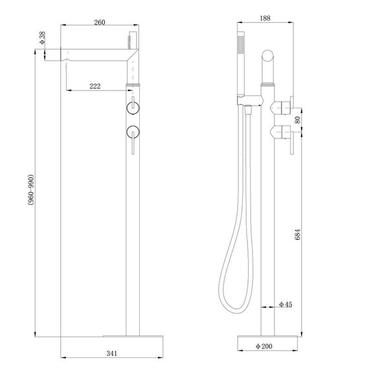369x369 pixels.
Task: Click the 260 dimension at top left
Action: point(99,23)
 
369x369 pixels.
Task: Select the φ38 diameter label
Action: point(42,39)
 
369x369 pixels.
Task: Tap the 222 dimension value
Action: point(95,87)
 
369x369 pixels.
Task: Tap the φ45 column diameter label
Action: point(285,304)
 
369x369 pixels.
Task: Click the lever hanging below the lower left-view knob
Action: point(133,146)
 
